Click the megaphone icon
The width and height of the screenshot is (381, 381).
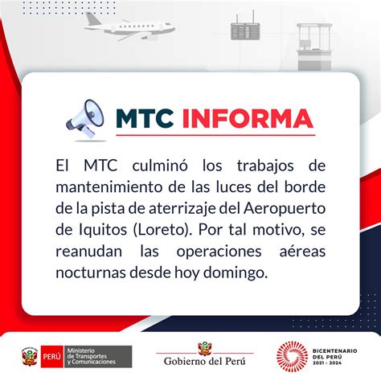[85, 119]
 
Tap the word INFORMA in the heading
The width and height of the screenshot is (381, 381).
[248, 119]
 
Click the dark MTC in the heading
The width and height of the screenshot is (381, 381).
[145, 119]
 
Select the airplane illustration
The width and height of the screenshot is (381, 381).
[129, 27]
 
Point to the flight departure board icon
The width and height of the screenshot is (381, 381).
[245, 27]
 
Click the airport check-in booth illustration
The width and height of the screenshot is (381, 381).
[314, 47]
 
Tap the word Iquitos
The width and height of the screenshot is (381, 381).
[103, 230]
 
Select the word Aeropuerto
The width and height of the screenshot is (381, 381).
[285, 209]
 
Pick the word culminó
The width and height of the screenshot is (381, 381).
[160, 166]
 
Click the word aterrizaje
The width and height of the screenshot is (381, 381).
[182, 209]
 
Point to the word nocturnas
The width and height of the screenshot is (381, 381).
[91, 273]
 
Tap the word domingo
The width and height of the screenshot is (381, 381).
[236, 273]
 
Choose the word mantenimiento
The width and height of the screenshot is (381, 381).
[109, 187]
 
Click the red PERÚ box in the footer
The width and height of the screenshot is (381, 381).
[52, 357]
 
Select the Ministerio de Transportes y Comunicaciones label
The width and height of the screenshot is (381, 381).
[92, 357]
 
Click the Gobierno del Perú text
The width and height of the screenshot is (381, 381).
[205, 362]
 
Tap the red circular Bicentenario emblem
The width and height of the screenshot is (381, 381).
[292, 357]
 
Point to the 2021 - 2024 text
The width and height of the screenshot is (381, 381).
[327, 363]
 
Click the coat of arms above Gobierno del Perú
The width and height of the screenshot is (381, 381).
[205, 348]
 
